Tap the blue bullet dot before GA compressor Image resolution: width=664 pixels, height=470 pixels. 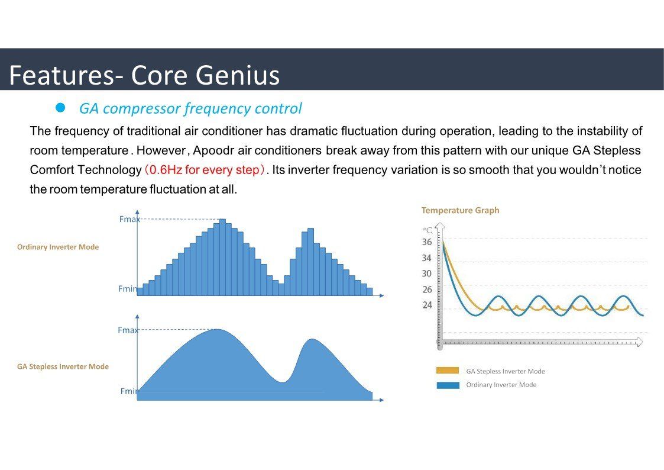click(x=60, y=108)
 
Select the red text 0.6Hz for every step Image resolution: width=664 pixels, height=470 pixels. click(x=204, y=170)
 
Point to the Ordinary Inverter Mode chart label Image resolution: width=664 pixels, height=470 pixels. click(x=57, y=247)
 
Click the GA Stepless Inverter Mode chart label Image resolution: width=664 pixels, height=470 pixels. click(x=63, y=366)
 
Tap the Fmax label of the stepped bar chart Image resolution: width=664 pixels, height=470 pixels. click(x=129, y=219)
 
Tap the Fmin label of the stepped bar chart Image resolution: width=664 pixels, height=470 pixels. click(x=128, y=289)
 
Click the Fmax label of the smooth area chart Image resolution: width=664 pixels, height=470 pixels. click(x=128, y=330)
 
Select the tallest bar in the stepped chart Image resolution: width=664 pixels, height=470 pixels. click(x=222, y=257)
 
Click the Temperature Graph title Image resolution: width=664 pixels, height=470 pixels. click(x=461, y=210)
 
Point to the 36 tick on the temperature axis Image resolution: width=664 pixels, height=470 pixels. click(x=427, y=242)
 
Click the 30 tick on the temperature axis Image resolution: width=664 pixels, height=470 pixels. click(x=427, y=274)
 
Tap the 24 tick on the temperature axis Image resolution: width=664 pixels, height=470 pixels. click(x=427, y=305)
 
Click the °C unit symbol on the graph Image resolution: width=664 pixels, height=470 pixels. click(x=427, y=230)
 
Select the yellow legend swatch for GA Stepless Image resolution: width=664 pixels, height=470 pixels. click(x=448, y=371)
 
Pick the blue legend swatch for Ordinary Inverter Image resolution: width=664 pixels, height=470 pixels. click(x=448, y=385)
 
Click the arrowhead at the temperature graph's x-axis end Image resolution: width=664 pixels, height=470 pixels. click(x=639, y=342)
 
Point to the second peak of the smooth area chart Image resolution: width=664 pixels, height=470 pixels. click(x=312, y=339)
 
